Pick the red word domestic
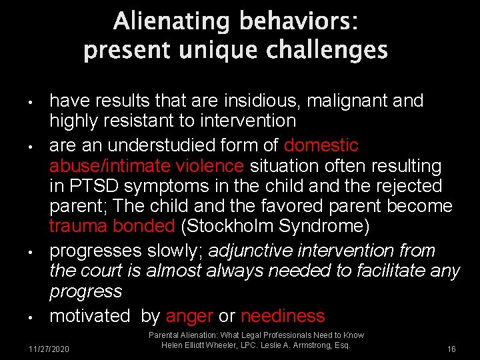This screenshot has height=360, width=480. pyautogui.click(x=321, y=145)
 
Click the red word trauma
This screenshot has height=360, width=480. pyautogui.click(x=79, y=227)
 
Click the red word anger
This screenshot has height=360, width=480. pyautogui.click(x=189, y=316)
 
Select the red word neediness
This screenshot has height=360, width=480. pyautogui.click(x=283, y=316)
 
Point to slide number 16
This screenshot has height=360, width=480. pyautogui.click(x=451, y=349)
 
